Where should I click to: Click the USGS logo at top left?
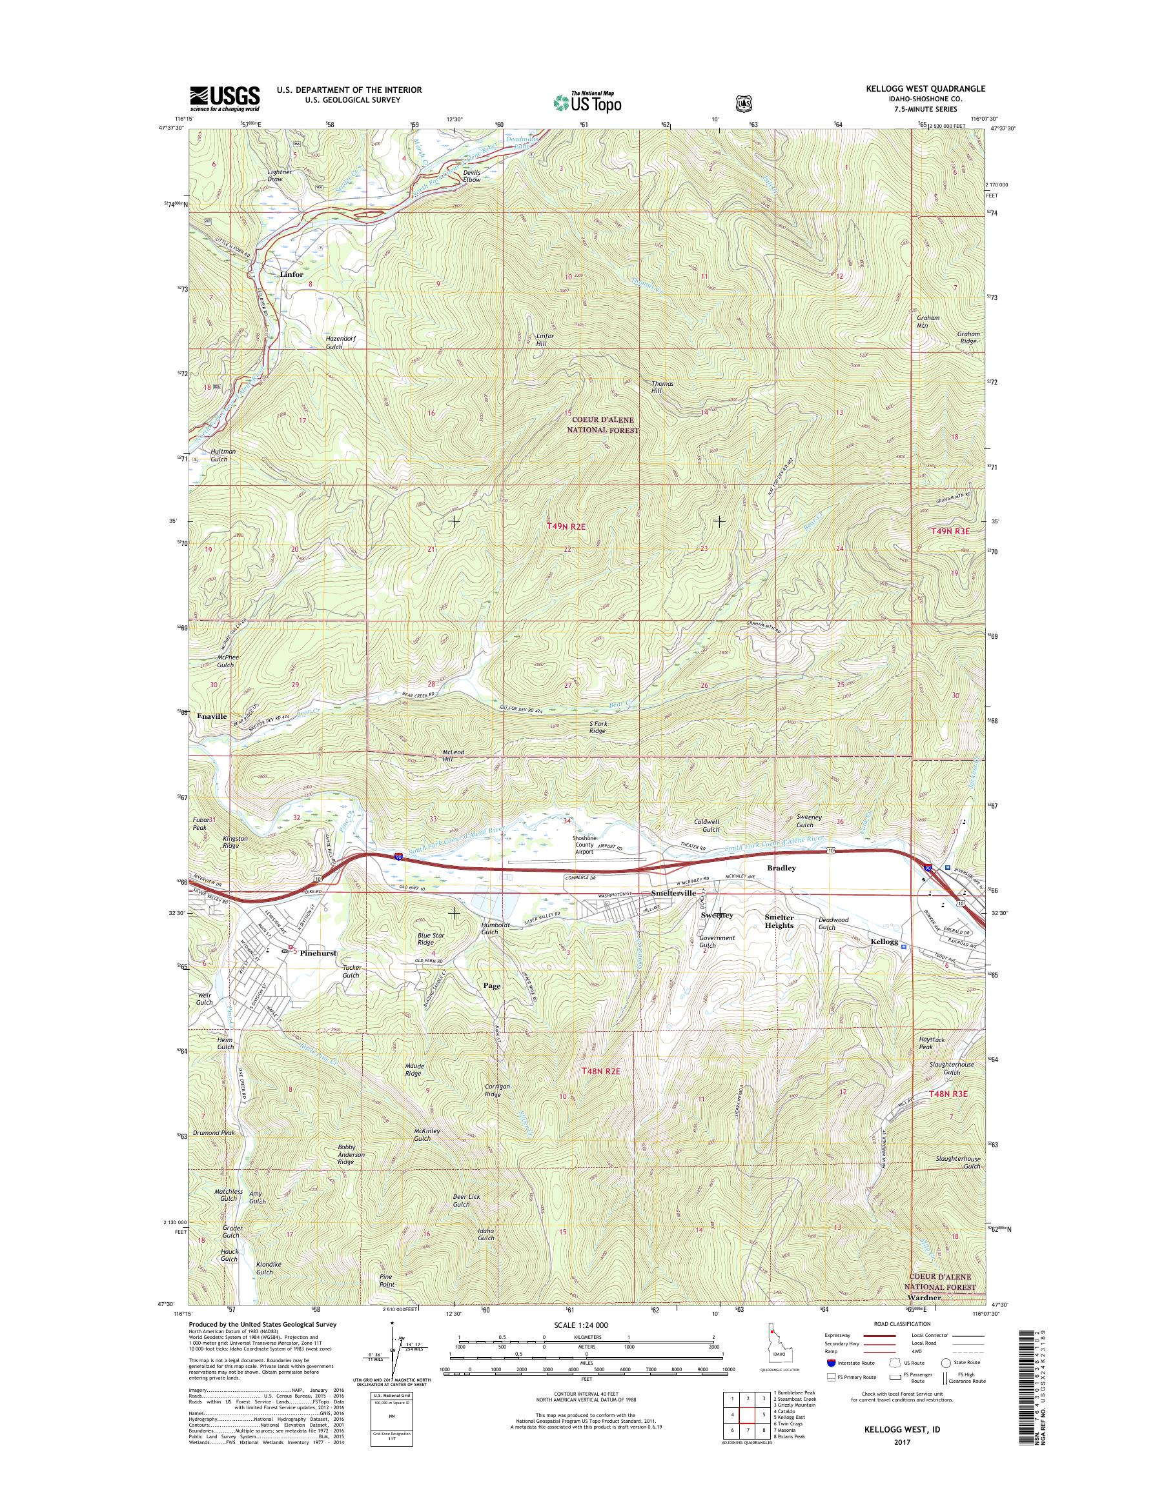[x=224, y=98]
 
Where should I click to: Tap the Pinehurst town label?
[x=318, y=953]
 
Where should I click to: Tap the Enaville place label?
[x=211, y=716]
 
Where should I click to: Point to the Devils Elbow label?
[x=472, y=176]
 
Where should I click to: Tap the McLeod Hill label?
[x=453, y=756]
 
